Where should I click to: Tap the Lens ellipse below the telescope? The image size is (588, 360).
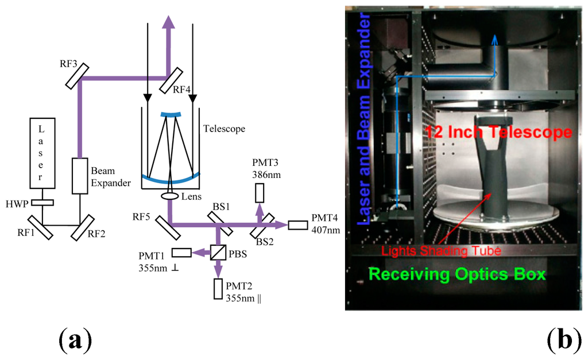tap(170, 196)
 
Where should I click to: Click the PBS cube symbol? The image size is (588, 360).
tap(218, 251)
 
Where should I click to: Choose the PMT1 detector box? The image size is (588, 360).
tap(181, 252)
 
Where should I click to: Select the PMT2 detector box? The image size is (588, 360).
tap(218, 288)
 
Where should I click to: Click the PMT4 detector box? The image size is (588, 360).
tap(298, 224)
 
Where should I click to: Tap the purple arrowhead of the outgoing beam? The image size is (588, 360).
tap(169, 21)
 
